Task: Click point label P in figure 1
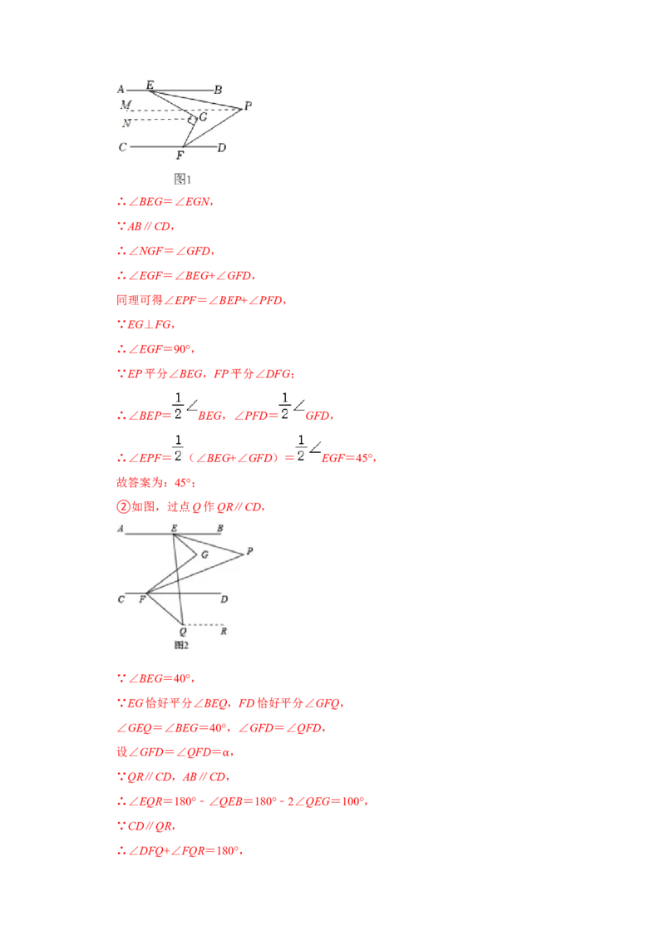tap(248, 106)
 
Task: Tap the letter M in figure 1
tap(126, 105)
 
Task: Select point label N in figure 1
tap(126, 123)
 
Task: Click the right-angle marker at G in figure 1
tap(192, 120)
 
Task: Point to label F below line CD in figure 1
tap(180, 155)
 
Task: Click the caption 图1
tap(182, 179)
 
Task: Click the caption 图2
tap(181, 645)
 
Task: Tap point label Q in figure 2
tap(183, 631)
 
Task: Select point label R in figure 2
tap(224, 631)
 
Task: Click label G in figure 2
tap(204, 554)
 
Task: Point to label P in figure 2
tap(249, 551)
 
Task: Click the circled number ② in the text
tap(123, 506)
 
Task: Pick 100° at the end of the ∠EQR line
tap(352, 801)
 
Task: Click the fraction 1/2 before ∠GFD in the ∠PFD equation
tap(284, 406)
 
